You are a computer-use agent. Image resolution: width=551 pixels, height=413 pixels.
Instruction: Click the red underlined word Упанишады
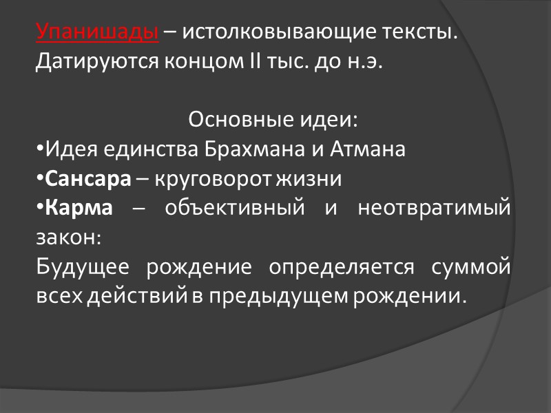point(97,32)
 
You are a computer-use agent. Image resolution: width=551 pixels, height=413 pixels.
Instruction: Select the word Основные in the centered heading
point(233,120)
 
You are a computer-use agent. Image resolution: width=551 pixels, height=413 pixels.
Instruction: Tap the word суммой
point(471,267)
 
